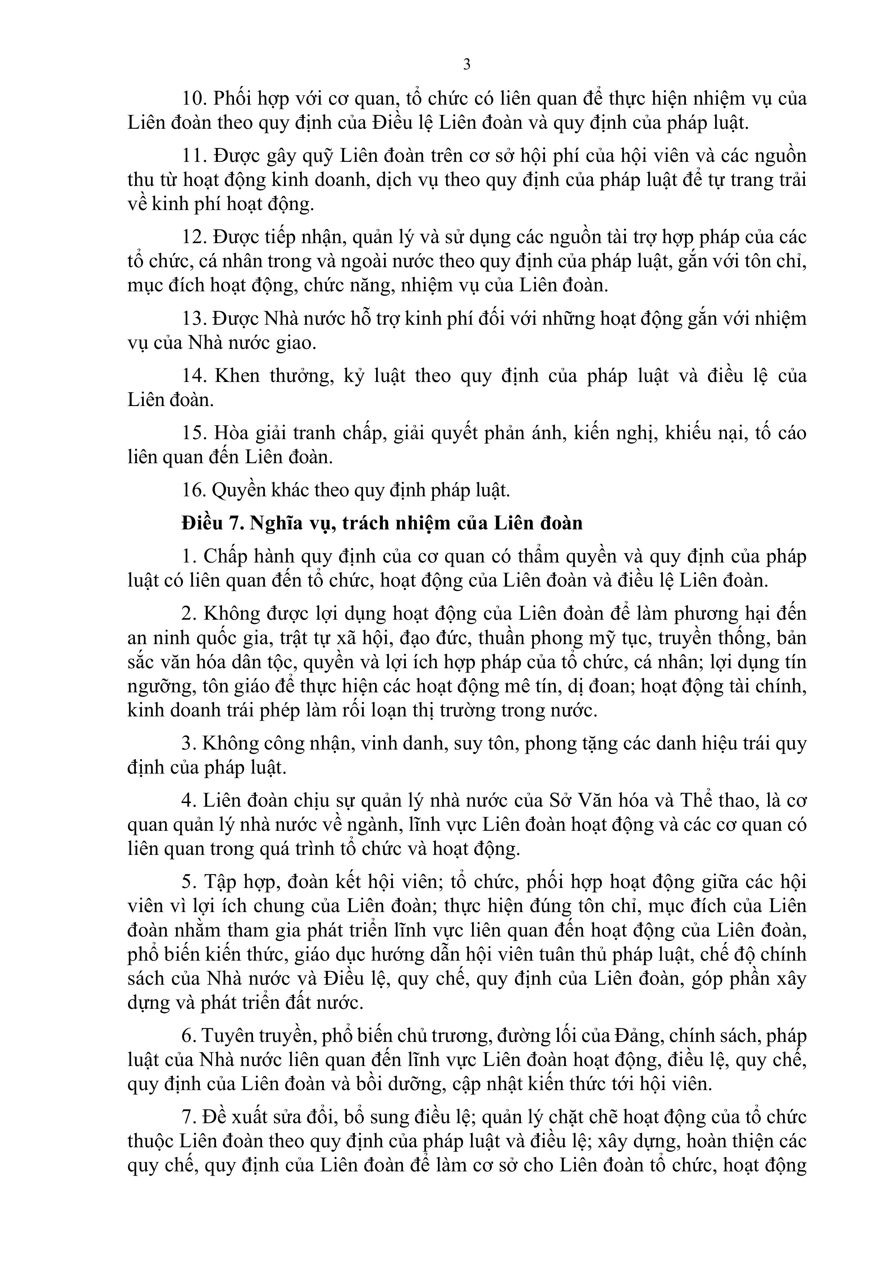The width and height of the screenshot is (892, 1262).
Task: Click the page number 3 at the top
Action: [467, 65]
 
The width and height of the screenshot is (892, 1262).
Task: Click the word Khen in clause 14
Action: [237, 376]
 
